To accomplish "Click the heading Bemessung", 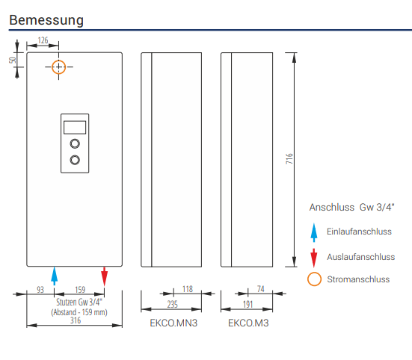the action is [x=46, y=20].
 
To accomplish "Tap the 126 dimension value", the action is [x=43, y=40].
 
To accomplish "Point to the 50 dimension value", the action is [x=13, y=60].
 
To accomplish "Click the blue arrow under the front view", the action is [x=55, y=276].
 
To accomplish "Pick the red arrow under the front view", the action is [x=105, y=276].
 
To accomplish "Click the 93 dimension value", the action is [x=40, y=290].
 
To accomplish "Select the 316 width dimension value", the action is [x=76, y=320].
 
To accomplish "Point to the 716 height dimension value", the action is [x=289, y=159].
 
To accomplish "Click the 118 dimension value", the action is [x=188, y=289].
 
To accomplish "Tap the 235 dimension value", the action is [x=173, y=305].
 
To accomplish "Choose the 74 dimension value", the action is [x=260, y=289].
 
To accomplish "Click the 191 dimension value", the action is [x=247, y=305].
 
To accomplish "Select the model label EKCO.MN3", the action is [x=173, y=323].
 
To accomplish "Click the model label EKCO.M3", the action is [x=248, y=323].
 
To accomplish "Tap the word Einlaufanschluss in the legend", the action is [x=359, y=232].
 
